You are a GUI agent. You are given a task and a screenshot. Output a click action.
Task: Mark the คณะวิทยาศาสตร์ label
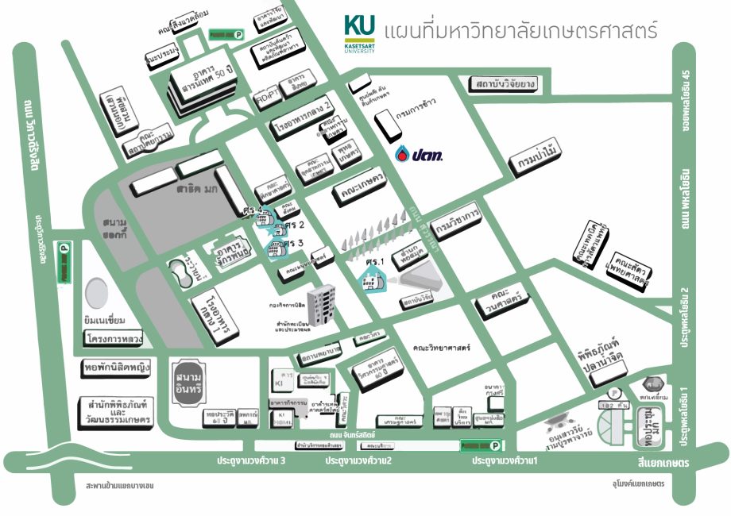(x=442, y=348)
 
